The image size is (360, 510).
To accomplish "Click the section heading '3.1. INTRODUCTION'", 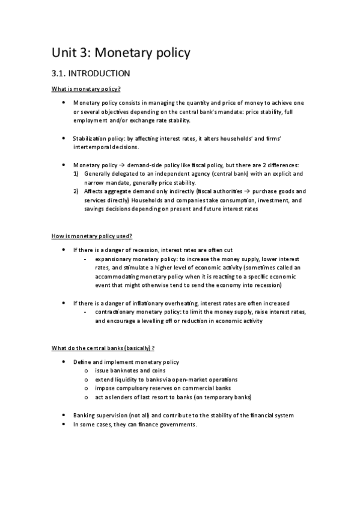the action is (90, 74).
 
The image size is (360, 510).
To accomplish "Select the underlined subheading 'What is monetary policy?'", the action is (86, 89).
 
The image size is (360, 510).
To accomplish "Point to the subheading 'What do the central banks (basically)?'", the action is (103, 348).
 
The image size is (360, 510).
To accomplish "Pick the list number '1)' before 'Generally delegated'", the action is (76, 173).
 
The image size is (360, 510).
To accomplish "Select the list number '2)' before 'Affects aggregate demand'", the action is (76, 191).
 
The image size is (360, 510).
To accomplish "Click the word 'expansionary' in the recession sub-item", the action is (113, 259).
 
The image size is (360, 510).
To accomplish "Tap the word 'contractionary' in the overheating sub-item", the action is (115, 312).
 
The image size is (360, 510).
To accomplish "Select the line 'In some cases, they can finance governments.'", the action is (135, 425).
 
